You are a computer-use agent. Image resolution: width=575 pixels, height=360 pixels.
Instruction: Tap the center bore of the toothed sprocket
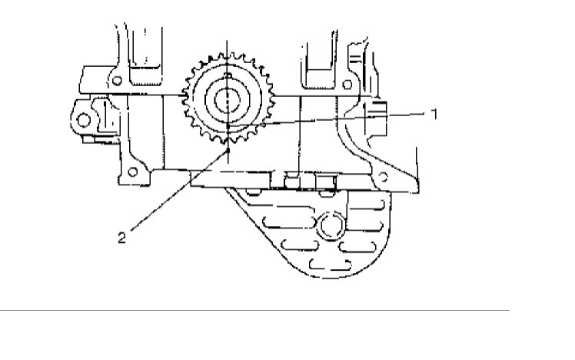coord(228,98)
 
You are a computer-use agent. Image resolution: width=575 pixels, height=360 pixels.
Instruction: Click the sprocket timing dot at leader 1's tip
coord(228,125)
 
